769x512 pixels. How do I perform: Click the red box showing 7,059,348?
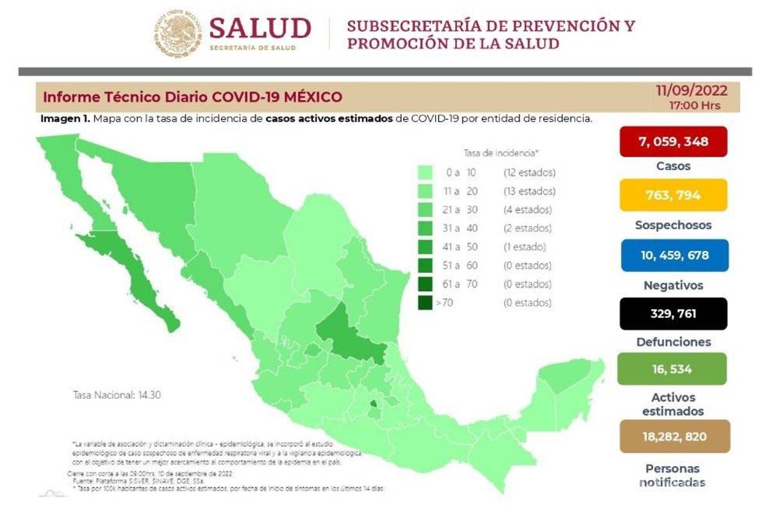(673, 141)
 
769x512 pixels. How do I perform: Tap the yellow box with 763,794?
(673, 195)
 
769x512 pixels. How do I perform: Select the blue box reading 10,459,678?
(673, 255)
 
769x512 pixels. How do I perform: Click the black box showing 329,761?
(673, 313)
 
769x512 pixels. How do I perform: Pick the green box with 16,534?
(673, 369)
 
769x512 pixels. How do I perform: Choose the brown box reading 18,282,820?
(673, 436)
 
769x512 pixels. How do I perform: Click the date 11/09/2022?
(691, 91)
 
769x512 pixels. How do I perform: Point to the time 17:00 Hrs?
(694, 105)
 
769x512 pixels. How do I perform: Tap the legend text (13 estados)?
(529, 191)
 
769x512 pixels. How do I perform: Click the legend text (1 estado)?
(524, 247)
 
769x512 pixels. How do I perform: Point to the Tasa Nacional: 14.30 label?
(117, 395)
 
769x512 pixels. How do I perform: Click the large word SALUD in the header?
(260, 28)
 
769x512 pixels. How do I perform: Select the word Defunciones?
(673, 342)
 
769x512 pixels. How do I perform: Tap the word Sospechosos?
(673, 225)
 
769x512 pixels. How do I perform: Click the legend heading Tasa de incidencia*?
(500, 153)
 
